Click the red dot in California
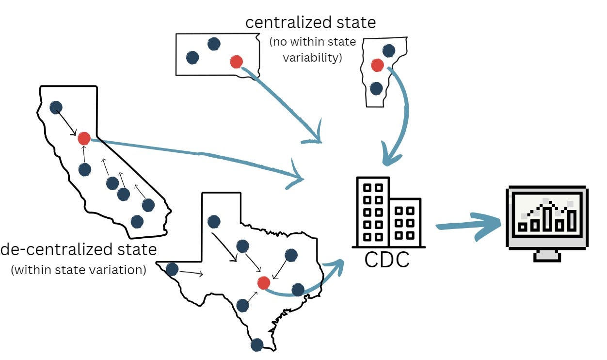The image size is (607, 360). (84, 138)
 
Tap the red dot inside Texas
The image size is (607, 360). (264, 282)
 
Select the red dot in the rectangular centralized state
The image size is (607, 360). (236, 62)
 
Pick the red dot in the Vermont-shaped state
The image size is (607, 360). (377, 65)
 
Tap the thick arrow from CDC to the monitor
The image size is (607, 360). (468, 226)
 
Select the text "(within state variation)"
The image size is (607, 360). (79, 270)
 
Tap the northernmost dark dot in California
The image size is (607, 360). (56, 108)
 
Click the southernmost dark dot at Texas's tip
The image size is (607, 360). (256, 345)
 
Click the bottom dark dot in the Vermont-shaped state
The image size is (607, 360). (376, 88)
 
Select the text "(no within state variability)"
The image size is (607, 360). (313, 49)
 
